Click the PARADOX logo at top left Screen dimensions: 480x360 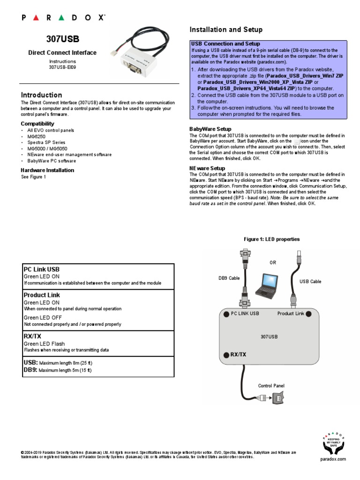(x=63, y=17)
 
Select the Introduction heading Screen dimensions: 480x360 (x=41, y=95)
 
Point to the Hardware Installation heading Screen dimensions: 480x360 (x=47, y=170)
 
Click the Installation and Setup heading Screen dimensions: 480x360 (x=226, y=30)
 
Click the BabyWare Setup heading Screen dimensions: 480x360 (x=210, y=129)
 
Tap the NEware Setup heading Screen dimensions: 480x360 (x=207, y=168)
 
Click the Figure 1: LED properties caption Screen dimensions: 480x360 (x=271, y=239)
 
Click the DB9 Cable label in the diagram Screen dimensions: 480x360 (x=229, y=278)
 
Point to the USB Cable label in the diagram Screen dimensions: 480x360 (x=310, y=281)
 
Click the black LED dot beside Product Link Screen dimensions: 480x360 (x=309, y=314)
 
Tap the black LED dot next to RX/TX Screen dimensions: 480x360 (x=225, y=354)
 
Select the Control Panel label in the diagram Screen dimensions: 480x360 (x=271, y=386)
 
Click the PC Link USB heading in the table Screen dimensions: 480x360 (x=42, y=270)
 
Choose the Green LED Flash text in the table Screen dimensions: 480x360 (x=44, y=344)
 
